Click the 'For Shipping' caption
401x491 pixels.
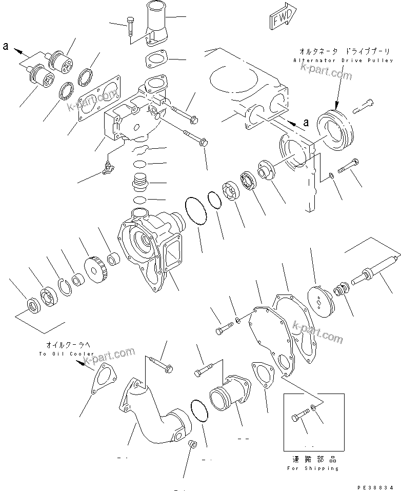point(312,468)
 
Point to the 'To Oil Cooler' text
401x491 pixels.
point(67,354)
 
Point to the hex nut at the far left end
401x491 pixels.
point(34,307)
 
